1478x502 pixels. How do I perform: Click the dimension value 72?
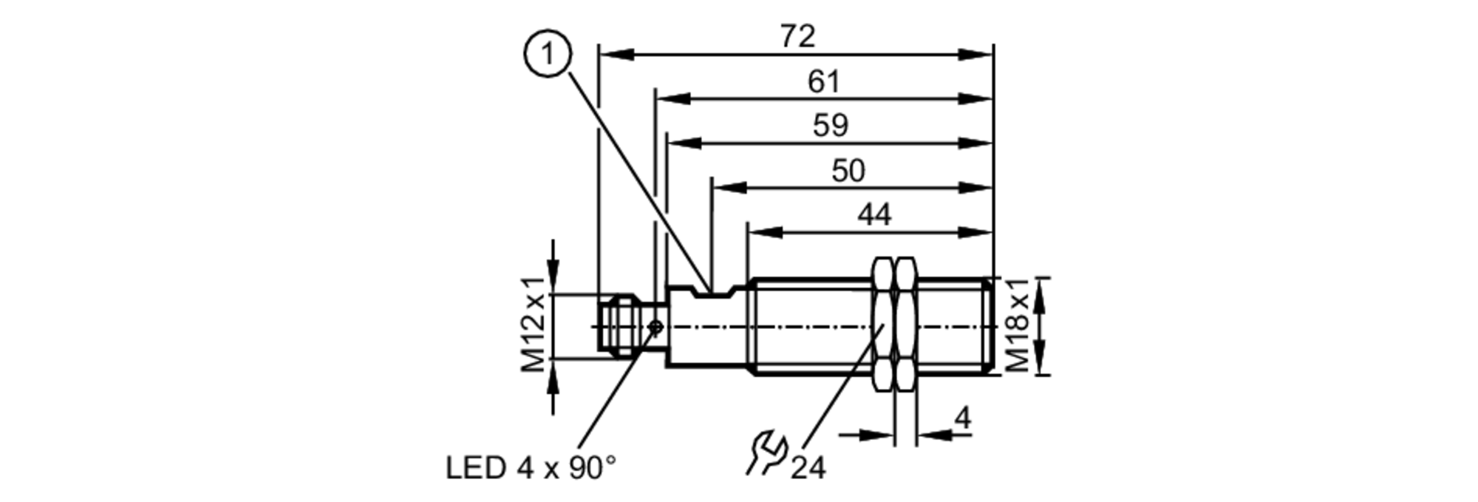pos(797,36)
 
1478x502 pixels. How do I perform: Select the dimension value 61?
pos(823,81)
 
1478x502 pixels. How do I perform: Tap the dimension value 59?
pos(830,125)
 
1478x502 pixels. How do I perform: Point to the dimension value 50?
pos(847,171)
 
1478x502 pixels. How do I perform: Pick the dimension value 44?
pos(873,214)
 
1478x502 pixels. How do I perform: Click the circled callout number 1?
pos(548,55)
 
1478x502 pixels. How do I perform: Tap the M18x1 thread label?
pos(1017,325)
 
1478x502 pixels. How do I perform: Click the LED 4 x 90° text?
pos(530,467)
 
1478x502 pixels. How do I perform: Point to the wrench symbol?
pos(766,452)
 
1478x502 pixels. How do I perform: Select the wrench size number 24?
pos(808,467)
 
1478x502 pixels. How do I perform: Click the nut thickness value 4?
pos(962,418)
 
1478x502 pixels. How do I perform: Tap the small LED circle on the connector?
pos(655,327)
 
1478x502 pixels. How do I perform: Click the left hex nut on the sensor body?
pos(884,325)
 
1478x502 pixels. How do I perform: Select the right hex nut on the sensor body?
pos(905,325)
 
